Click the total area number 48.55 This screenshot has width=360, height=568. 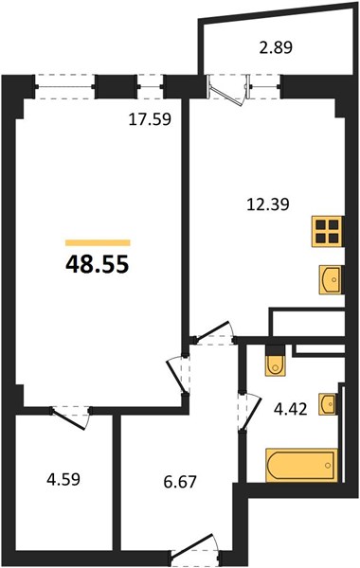98,264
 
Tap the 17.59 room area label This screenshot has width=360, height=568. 150,119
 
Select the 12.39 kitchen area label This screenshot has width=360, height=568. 268,204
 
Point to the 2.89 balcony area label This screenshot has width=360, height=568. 276,47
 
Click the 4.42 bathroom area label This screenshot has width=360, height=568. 291,409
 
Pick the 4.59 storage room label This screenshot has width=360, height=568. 63,479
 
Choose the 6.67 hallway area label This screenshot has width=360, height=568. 180,482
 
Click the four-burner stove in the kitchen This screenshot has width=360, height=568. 327,231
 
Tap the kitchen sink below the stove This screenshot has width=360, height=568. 331,279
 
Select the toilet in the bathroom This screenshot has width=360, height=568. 275,361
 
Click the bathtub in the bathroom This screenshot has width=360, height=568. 301,466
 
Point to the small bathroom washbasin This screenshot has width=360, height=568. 328,403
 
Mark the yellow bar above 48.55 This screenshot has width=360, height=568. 98,242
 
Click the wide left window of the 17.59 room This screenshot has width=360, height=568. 65,86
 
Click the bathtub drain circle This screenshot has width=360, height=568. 329,466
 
